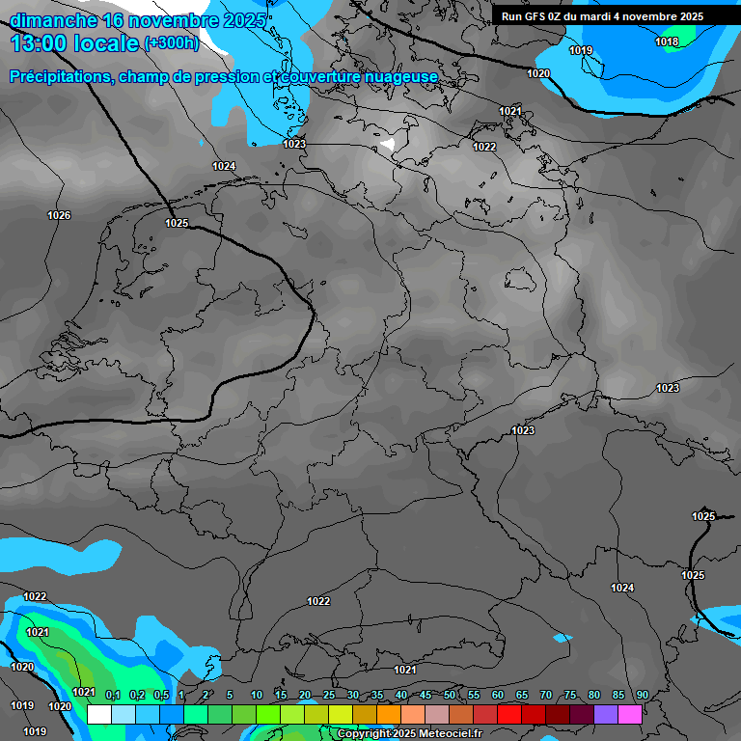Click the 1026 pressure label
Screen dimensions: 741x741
pos(59,215)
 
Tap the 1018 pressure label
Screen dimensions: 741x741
pos(667,41)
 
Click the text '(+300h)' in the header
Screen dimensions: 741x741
pos(171,42)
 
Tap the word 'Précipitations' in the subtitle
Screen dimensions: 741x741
pos(58,76)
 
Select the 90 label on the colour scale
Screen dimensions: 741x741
pos(642,695)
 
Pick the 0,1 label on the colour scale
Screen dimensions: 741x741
pos(112,695)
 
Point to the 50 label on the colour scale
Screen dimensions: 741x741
pos(450,695)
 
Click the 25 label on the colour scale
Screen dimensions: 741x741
pos(329,695)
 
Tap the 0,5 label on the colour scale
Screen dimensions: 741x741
pos(161,695)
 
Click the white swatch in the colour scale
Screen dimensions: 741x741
pos(98,714)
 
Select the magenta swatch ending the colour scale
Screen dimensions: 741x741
pos(629,714)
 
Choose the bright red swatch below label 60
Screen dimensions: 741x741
pos(508,714)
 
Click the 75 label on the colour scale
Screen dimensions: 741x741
pos(570,695)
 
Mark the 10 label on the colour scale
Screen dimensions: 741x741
pos(257,695)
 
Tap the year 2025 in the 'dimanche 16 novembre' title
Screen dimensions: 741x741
pos(240,20)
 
